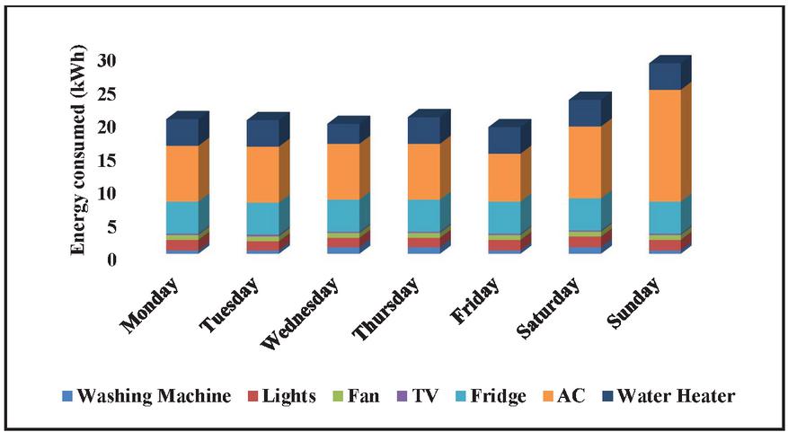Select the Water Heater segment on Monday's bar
point(182,133)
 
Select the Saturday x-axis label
point(549,310)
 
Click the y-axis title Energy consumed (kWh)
point(79,148)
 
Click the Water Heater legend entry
point(677,396)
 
